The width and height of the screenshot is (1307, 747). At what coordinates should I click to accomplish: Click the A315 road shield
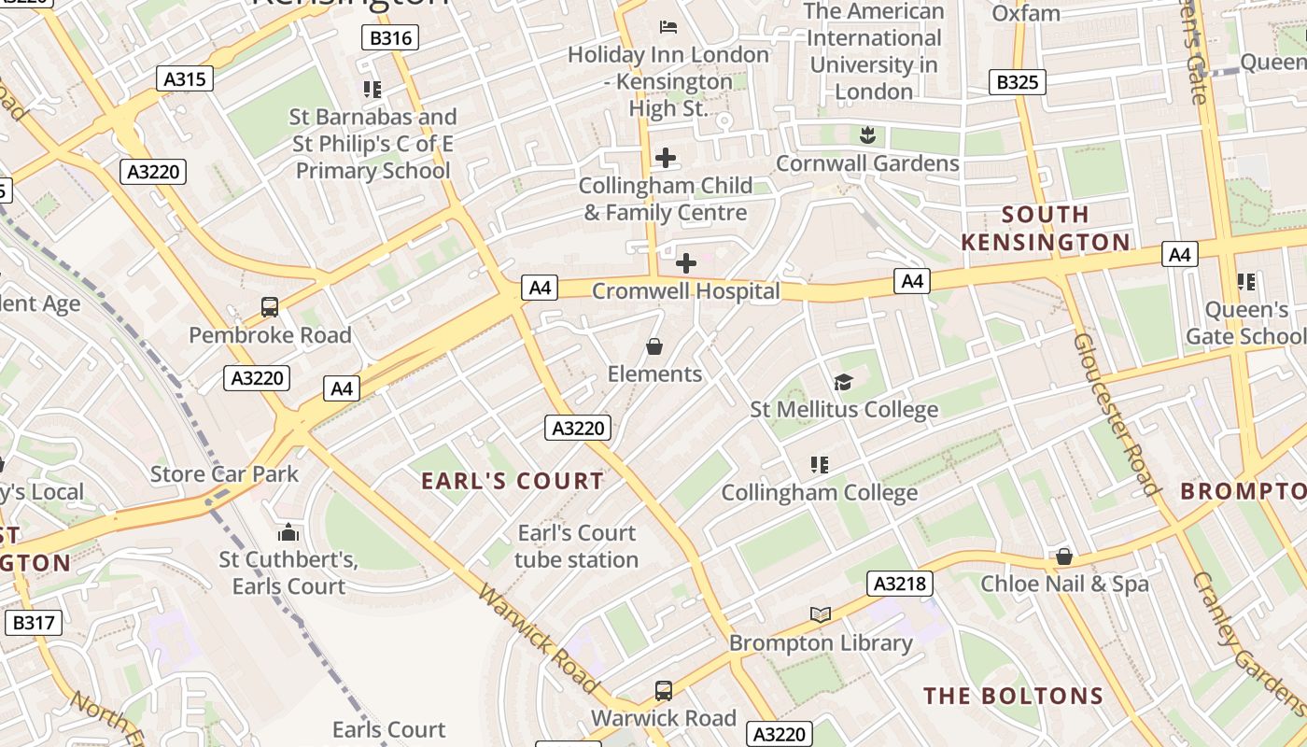(185, 78)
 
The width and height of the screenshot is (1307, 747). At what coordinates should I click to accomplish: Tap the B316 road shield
(389, 37)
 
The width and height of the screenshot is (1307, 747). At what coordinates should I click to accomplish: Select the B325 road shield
(1017, 82)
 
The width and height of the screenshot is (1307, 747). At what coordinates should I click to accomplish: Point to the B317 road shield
(34, 623)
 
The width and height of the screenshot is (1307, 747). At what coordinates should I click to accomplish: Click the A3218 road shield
(900, 584)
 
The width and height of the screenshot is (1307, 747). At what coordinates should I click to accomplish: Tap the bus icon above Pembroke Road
(270, 306)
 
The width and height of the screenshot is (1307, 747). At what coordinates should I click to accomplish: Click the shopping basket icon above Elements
(654, 346)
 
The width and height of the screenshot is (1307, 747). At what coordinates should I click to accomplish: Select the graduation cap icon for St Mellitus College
(844, 382)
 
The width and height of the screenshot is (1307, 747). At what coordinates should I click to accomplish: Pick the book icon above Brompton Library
(821, 614)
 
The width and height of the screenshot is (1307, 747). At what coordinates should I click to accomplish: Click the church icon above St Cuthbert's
(288, 532)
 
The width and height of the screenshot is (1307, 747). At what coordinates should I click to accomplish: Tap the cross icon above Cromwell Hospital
(686, 263)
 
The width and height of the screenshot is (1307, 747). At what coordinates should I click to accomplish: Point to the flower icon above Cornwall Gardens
(867, 135)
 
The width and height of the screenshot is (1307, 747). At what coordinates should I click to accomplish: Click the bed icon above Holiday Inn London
(668, 26)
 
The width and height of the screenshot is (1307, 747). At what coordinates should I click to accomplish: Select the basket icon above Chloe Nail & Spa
(1063, 557)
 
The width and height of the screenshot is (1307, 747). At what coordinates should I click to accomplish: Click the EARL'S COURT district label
(513, 481)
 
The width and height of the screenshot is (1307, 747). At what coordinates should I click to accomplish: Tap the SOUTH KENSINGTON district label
(1046, 229)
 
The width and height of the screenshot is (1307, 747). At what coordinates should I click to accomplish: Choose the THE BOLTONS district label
(1013, 696)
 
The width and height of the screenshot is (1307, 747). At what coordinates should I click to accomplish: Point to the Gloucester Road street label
(1116, 414)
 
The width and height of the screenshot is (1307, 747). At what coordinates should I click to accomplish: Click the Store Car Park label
(225, 473)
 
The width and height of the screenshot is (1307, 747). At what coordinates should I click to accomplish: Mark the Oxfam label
(1025, 13)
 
